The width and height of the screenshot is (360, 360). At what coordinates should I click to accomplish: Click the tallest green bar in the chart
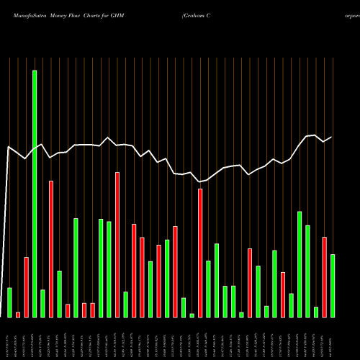click(x=35, y=194)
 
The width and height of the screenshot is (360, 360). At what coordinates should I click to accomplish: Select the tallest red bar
click(x=117, y=245)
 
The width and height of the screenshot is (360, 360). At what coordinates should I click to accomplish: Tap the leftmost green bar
click(x=9, y=302)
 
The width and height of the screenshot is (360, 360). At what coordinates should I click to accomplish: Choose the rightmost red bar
click(x=325, y=277)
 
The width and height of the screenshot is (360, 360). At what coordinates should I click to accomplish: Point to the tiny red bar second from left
click(x=18, y=315)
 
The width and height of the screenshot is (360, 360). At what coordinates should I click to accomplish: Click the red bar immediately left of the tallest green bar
click(x=26, y=287)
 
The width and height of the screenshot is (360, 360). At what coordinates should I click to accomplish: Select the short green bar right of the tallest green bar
click(x=42, y=303)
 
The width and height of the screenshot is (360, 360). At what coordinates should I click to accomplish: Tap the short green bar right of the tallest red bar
click(x=126, y=305)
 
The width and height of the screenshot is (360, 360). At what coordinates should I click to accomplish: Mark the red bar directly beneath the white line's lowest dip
click(x=200, y=253)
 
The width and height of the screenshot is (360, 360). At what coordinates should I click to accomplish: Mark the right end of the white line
click(x=332, y=137)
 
